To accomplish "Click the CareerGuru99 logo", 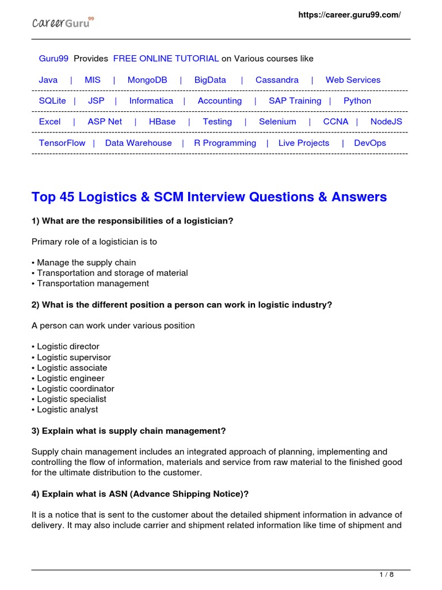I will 62,23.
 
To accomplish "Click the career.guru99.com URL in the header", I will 349,15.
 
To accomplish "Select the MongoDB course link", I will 147,80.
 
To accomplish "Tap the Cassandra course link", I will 277,80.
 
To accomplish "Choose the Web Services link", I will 353,80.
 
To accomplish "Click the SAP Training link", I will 295,101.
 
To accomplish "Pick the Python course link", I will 357,101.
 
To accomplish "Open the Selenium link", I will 277,122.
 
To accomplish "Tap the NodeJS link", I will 386,122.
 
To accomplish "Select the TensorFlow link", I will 62,143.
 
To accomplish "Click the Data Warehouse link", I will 138,143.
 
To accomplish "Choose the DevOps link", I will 370,143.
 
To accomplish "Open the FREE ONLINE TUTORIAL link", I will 166,59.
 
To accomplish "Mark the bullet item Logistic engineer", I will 71,378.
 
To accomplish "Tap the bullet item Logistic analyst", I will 67,410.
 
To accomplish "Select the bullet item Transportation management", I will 93,283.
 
